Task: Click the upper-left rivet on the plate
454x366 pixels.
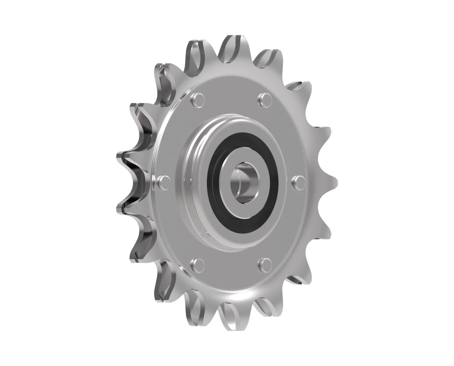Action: click(x=197, y=99)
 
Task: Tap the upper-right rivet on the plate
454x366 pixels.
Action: click(x=264, y=99)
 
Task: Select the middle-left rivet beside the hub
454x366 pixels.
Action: click(x=163, y=182)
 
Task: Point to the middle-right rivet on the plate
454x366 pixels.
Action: click(x=299, y=181)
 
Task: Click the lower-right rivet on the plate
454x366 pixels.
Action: click(x=264, y=264)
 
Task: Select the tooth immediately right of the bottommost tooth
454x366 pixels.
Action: click(x=267, y=307)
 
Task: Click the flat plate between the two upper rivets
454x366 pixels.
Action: click(x=231, y=93)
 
